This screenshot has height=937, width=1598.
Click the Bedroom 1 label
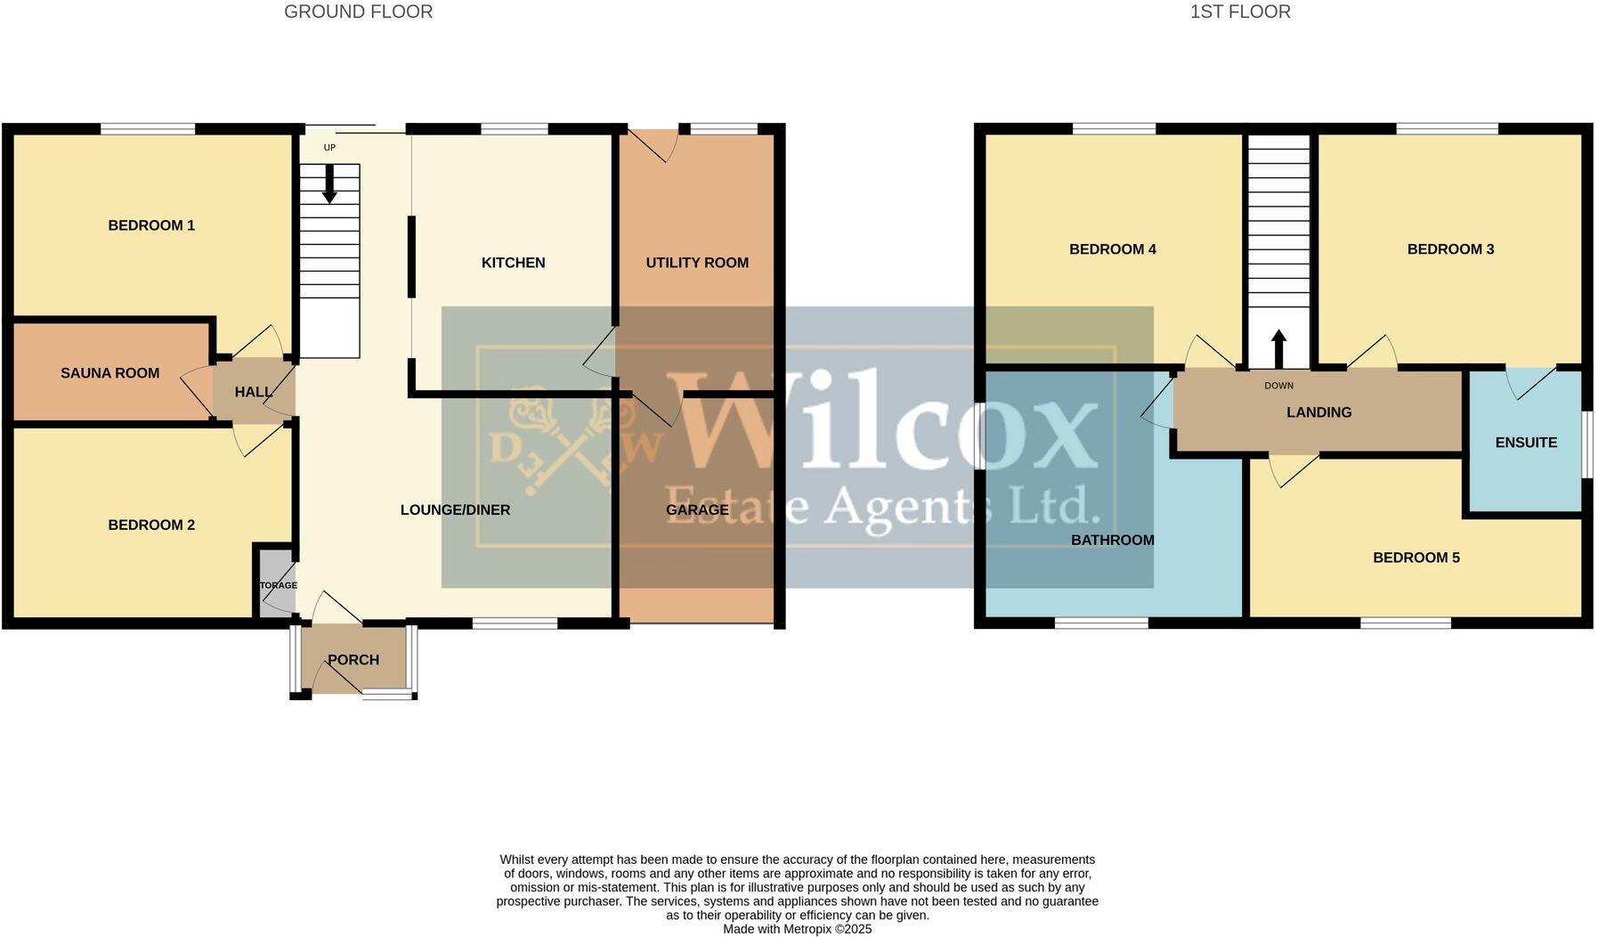151,225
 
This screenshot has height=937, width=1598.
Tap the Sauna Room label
110,373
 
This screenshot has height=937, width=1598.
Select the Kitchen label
513,263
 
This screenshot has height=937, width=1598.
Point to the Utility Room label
697,263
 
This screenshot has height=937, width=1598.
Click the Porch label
353,660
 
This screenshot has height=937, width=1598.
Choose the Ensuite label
1526,443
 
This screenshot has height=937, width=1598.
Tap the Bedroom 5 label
1415,558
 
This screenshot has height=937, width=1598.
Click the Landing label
1318,412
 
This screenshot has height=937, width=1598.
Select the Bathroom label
1112,540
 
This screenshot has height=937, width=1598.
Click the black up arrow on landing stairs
1278,348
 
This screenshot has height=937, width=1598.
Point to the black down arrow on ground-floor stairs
329,184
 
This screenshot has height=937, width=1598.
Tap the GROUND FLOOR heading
358,12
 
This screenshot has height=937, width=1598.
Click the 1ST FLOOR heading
1239,12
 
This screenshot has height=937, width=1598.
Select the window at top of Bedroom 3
1447,129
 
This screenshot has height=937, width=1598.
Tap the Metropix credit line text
797,929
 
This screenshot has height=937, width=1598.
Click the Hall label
253,392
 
